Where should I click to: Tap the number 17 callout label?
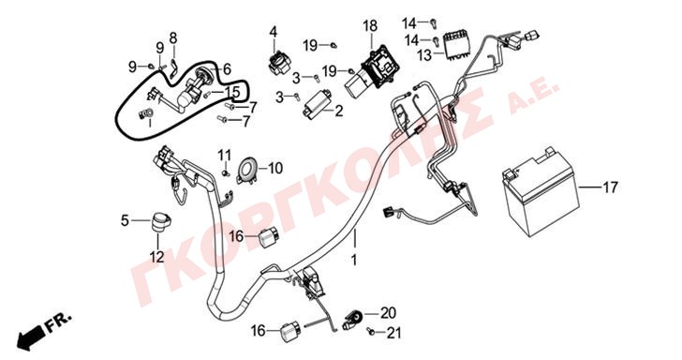610,187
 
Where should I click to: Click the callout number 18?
370,26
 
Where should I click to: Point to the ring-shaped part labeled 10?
247,170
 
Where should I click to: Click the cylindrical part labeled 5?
160,222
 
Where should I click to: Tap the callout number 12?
157,257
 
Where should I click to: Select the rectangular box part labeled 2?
317,105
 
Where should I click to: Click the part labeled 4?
276,63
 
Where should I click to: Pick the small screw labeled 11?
225,172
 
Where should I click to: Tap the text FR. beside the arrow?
58,322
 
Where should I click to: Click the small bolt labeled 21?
371,332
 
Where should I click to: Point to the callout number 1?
354,260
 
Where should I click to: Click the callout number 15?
231,92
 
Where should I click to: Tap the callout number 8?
173,38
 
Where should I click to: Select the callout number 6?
227,69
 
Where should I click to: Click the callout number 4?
274,32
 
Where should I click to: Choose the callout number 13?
424,55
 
